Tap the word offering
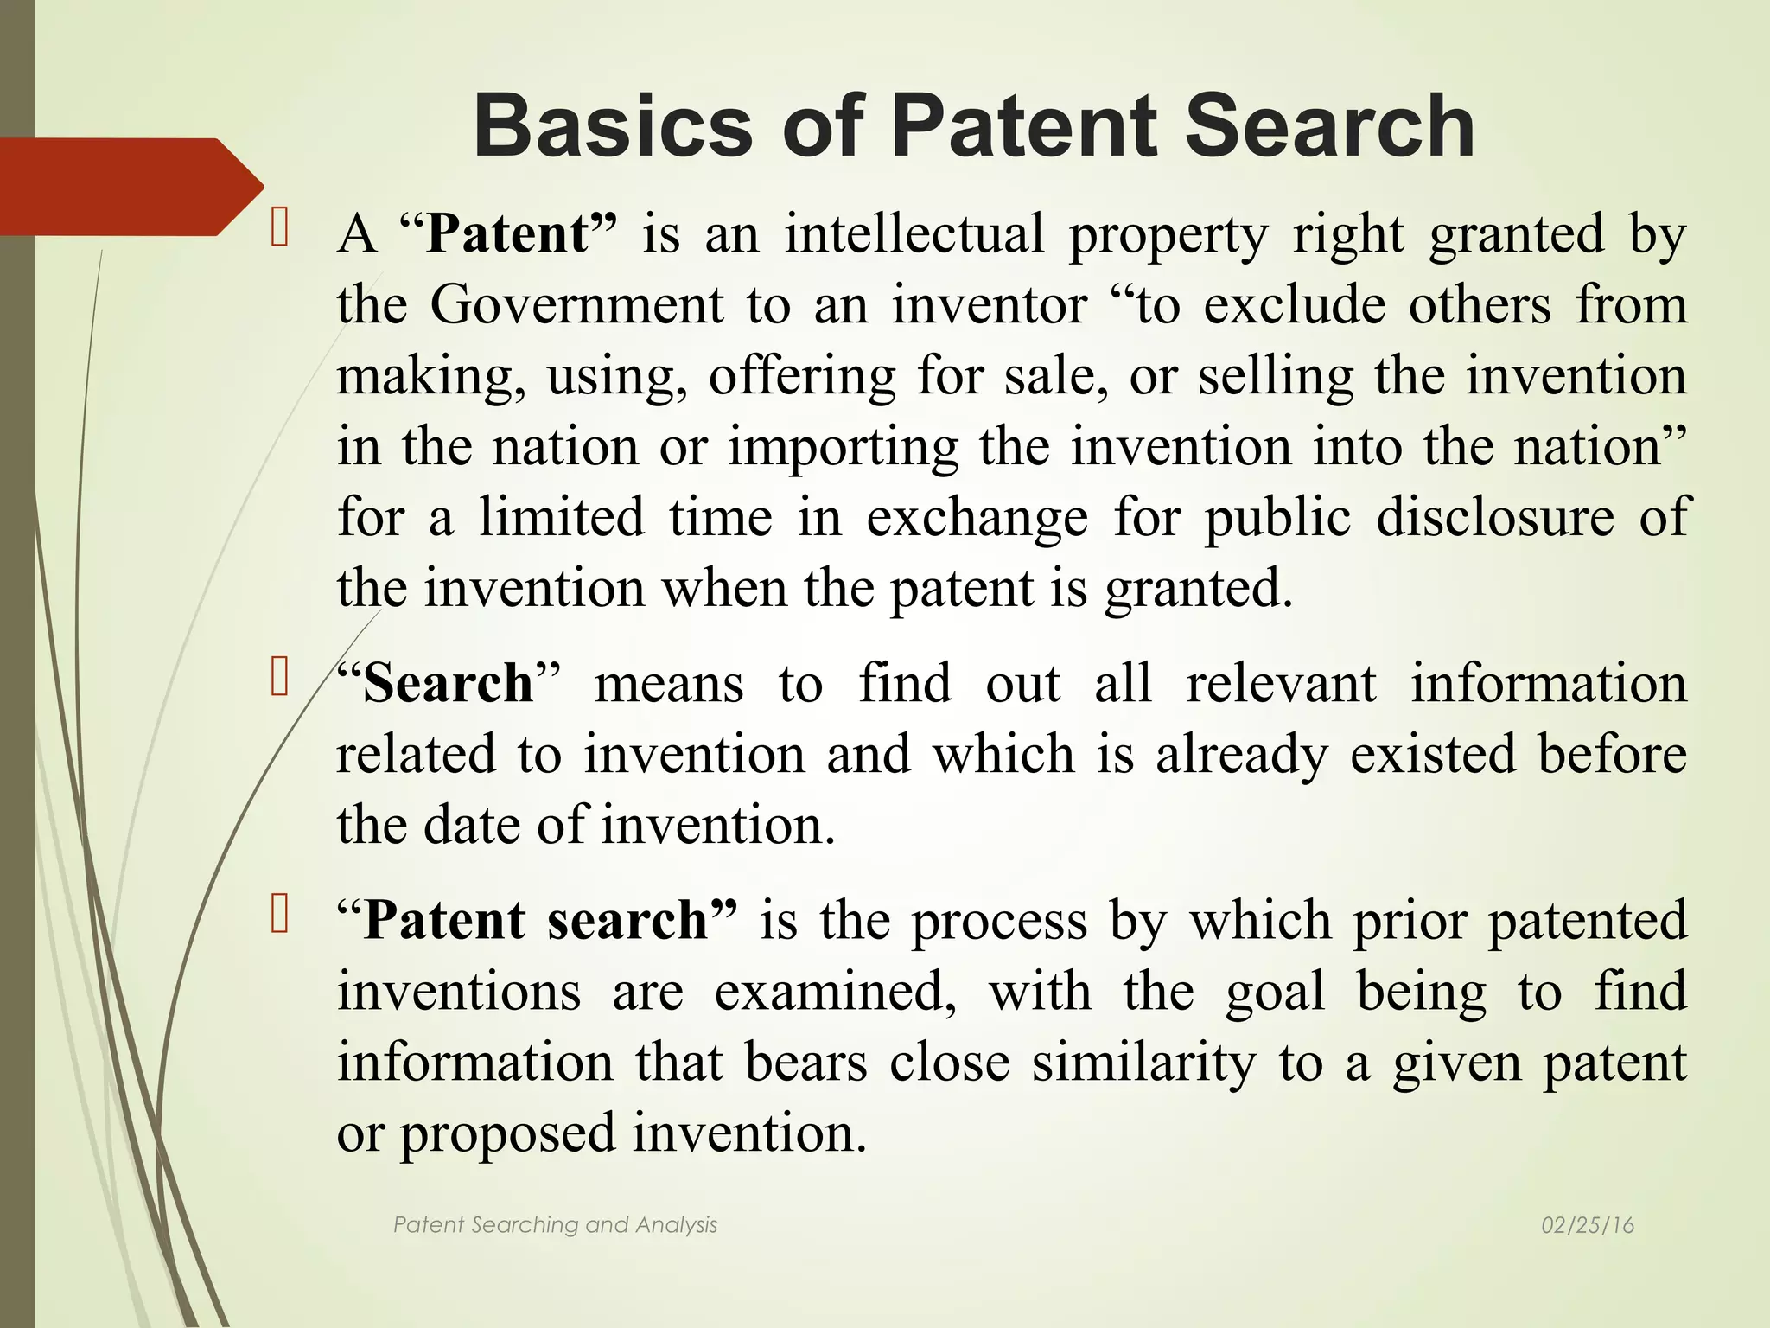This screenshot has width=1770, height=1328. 802,376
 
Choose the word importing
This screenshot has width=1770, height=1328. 843,447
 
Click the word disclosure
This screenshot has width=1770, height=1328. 1495,517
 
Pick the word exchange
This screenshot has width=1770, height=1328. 977,517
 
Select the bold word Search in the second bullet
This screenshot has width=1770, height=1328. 448,683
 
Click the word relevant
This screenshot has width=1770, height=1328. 1281,683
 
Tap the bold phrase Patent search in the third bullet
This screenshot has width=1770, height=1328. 536,920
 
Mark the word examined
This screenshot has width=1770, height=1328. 835,991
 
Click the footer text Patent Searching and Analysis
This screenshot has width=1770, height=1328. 555,1225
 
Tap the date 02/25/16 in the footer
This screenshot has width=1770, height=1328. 1588,1225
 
